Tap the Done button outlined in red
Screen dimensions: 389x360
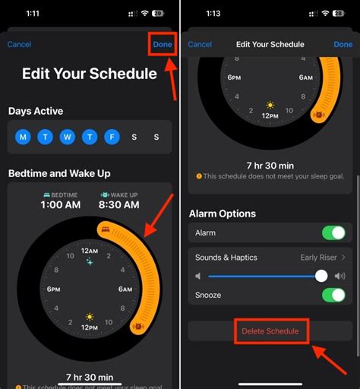[x=163, y=44]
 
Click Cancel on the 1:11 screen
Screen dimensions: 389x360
[x=20, y=44]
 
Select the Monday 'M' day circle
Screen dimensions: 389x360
[x=23, y=137]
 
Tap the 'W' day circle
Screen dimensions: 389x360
[x=67, y=137]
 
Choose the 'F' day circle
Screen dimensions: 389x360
[x=112, y=137]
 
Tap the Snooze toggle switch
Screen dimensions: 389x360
[x=333, y=296]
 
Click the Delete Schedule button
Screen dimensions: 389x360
[x=270, y=331]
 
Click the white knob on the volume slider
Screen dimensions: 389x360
[x=321, y=277]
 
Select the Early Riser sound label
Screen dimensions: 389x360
[x=319, y=258]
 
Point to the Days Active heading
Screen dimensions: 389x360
[x=36, y=112]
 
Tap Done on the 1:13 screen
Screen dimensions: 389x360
[x=343, y=44]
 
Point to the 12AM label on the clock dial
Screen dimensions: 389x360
[x=90, y=251]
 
